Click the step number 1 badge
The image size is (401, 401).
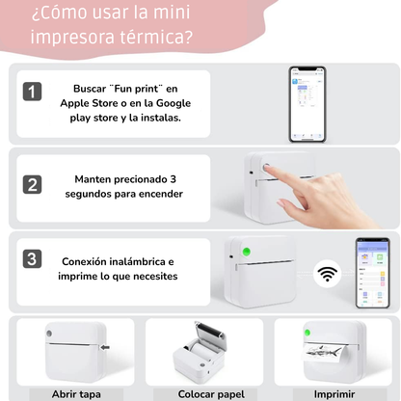tap(33, 92)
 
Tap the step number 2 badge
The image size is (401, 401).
tap(33, 184)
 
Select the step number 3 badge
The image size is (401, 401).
tap(33, 258)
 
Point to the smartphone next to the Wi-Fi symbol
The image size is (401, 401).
tap(371, 273)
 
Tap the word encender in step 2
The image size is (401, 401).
tap(159, 195)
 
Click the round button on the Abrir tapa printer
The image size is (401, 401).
tap(47, 334)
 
